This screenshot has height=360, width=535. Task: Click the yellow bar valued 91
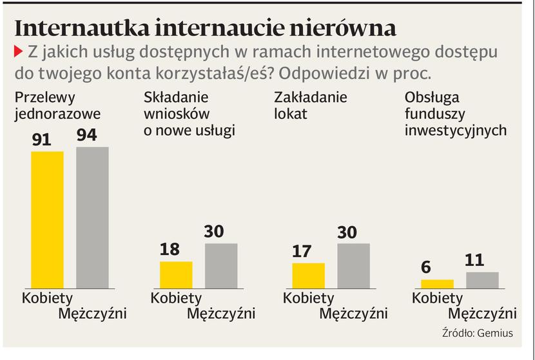[x=48, y=219]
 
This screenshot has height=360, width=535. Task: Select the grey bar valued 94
[x=92, y=217]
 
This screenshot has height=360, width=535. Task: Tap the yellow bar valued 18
[x=176, y=274]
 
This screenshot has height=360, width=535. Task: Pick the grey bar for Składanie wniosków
[x=221, y=265]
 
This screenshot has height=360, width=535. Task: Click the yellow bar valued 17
[x=308, y=275]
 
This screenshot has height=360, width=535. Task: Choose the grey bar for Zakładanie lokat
[x=353, y=265]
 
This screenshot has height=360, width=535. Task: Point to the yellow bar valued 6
[x=437, y=283]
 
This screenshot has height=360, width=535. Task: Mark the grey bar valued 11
[x=482, y=279]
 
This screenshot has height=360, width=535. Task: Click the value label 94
[x=92, y=135]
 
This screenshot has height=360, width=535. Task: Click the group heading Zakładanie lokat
[x=311, y=106]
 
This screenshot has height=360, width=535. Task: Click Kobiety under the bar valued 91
[x=48, y=298]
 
